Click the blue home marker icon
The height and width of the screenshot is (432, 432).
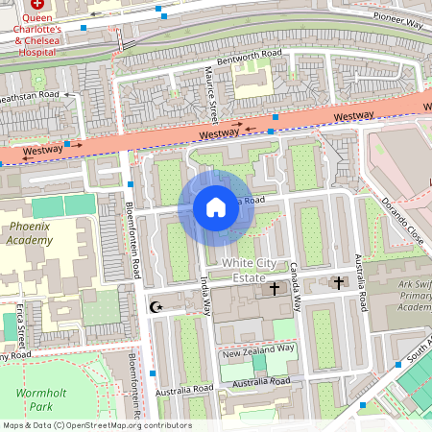216,206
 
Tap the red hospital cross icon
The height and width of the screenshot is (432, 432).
37,5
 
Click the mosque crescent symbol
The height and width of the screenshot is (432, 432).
157,307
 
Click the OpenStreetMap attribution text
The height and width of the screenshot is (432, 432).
96,425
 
